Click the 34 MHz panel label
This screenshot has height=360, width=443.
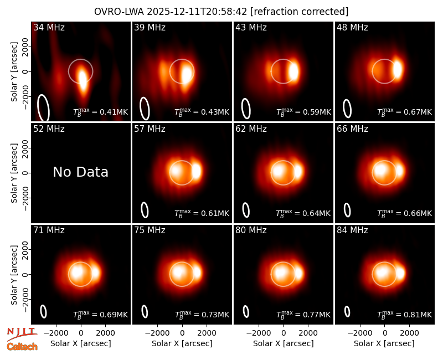point(49,27)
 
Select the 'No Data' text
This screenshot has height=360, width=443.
point(80,172)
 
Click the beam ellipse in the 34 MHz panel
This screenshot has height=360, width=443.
point(44,107)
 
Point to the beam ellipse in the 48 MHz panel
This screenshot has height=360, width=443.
point(347,109)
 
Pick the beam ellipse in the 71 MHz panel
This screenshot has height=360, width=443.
point(43,311)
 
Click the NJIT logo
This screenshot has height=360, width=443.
point(22,333)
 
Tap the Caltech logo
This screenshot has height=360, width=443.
point(22,347)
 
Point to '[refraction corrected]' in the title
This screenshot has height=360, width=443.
point(299,12)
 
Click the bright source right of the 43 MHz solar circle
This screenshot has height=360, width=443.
point(293,71)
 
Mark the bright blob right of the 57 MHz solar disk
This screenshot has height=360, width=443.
point(197,171)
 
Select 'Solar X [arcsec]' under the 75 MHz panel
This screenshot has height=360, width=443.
point(182,343)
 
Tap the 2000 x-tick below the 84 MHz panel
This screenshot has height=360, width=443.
point(409,333)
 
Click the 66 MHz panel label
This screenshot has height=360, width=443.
point(352,129)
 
